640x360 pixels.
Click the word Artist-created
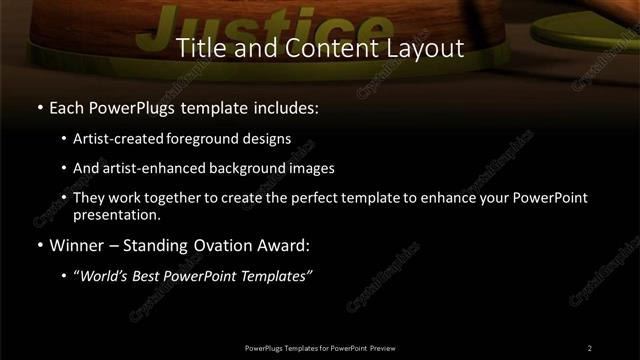tap(113, 139)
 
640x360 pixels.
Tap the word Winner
tap(76, 245)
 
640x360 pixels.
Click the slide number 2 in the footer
tap(590, 347)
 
